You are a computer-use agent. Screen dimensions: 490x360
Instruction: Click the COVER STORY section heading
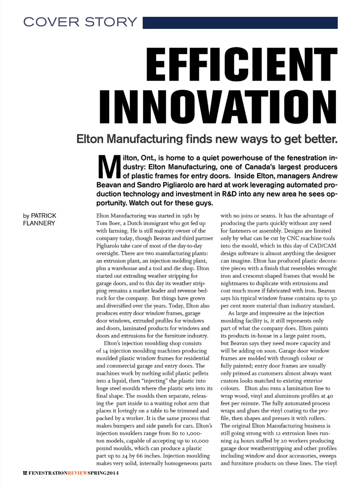click(80, 22)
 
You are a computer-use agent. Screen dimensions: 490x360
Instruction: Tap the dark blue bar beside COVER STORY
click(240, 22)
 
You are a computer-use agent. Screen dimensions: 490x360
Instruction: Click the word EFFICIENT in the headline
click(241, 64)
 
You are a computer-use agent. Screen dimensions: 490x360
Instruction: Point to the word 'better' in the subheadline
click(322, 139)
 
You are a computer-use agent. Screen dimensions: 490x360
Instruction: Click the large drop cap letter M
click(109, 167)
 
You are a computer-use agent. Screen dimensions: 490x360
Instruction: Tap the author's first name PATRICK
click(43, 216)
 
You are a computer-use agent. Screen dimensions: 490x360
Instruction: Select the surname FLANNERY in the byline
click(39, 223)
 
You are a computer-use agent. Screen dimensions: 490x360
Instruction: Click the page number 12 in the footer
click(25, 473)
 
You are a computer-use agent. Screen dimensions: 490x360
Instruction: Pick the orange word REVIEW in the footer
click(78, 473)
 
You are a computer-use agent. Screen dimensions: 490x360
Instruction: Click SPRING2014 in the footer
click(103, 473)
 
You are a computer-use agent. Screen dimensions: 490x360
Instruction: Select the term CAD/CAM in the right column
click(324, 246)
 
